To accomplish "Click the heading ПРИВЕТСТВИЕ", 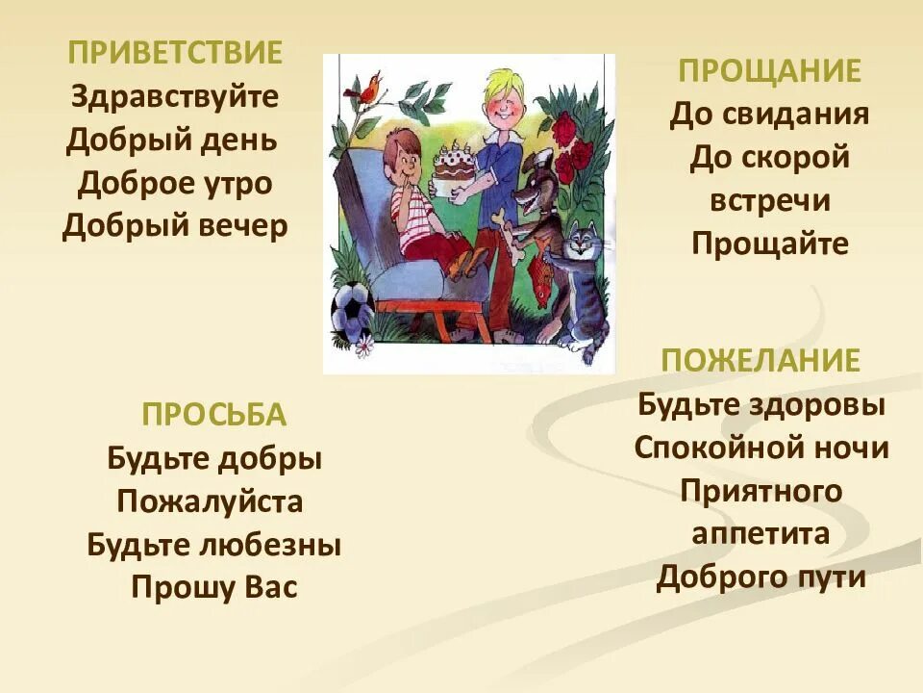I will pos(175,53).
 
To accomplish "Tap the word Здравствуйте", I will pos(175,96).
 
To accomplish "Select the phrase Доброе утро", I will pos(175,183).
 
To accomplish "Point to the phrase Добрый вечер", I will pos(175,227).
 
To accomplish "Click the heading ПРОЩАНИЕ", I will pos(769,71).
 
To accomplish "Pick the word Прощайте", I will pos(769,244).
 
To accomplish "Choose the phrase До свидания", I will pos(769,115).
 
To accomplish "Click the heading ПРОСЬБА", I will pos(213,415).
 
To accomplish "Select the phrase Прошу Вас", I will pos(213,587).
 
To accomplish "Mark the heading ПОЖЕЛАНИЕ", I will pos(760,361).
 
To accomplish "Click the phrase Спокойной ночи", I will pos(761,448).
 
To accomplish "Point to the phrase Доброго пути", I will pos(761,577).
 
